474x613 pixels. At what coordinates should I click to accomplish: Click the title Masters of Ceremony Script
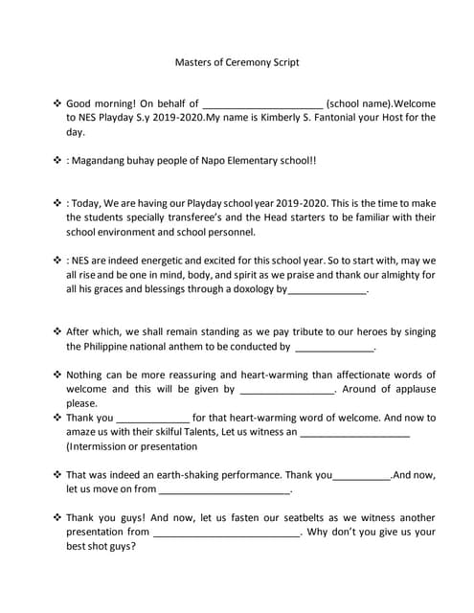(x=237, y=62)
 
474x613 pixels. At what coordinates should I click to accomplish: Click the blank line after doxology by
(x=327, y=289)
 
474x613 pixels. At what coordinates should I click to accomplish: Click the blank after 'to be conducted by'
(x=334, y=348)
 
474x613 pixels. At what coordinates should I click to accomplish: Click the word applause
(x=408, y=389)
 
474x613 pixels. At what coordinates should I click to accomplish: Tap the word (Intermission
(x=104, y=446)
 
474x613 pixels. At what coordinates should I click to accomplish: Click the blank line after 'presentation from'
(x=226, y=533)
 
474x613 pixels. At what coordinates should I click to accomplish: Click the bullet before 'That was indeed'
(x=56, y=474)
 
